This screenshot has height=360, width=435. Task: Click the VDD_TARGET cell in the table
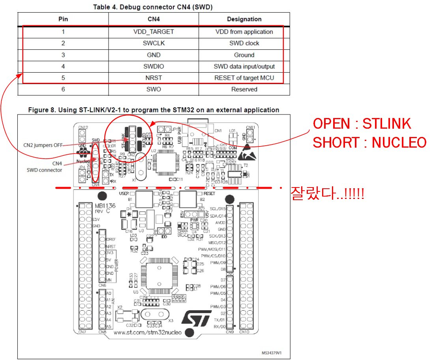[x=154, y=32]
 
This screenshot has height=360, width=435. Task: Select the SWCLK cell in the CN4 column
[x=154, y=43]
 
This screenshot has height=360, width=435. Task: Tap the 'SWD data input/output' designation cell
[x=244, y=66]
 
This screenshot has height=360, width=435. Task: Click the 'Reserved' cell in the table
[x=244, y=89]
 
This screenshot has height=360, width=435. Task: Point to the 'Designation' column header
[x=244, y=19]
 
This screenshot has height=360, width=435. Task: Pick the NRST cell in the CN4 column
[x=154, y=78]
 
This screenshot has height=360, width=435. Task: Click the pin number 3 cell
[x=63, y=55]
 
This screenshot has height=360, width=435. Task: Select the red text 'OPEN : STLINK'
[x=362, y=124]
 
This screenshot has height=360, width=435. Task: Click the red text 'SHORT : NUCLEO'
[x=369, y=142]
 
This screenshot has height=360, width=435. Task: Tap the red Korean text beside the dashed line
[x=327, y=193]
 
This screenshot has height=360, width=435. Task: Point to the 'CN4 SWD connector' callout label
[x=44, y=166]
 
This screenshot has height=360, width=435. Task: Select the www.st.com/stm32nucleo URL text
[x=147, y=332]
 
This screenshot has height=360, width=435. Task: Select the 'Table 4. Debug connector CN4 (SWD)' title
[x=154, y=7]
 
